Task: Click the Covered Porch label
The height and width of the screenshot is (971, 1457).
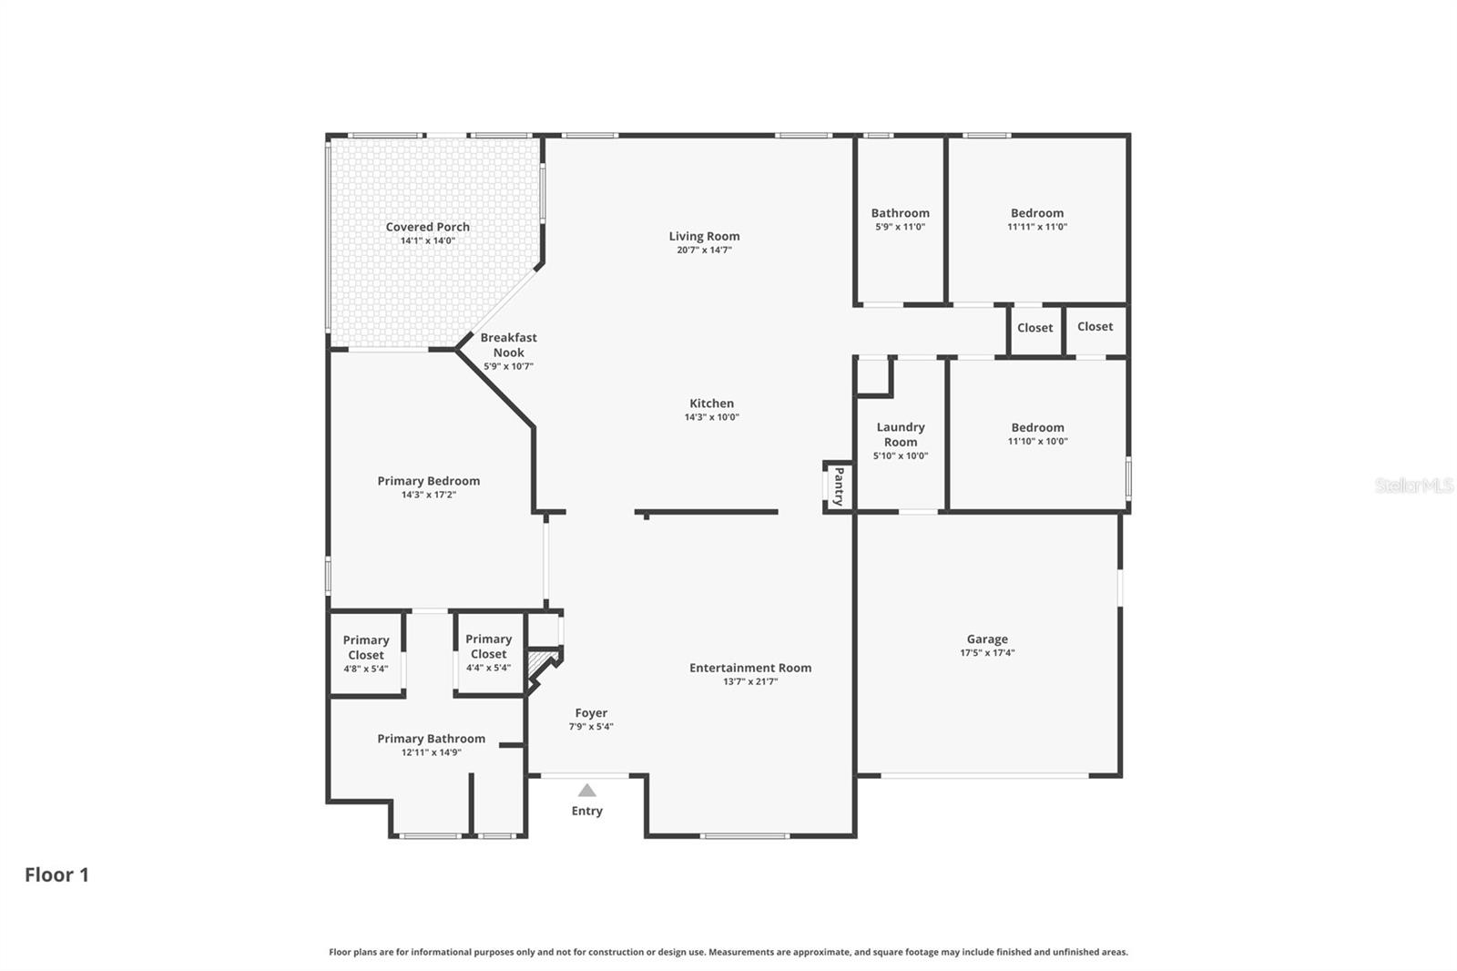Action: [x=427, y=227]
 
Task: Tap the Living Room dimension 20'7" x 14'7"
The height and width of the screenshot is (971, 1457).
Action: [x=704, y=250]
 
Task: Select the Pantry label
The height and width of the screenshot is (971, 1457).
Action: [x=839, y=486]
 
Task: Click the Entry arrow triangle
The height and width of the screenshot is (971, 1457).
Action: [x=587, y=791]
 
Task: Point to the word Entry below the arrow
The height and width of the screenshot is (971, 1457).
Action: [x=587, y=811]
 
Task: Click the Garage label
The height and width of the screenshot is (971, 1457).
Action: [x=987, y=639]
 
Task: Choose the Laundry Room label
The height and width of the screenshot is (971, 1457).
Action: [x=901, y=434]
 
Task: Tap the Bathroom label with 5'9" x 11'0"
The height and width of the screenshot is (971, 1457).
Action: [x=901, y=213]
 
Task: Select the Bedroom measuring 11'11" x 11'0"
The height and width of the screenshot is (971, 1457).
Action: [x=1037, y=213]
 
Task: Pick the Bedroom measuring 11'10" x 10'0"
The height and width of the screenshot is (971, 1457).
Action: [x=1037, y=427]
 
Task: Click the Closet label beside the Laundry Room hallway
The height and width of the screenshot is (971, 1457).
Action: [x=1034, y=328]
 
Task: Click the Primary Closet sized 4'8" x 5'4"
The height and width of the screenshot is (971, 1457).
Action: [x=366, y=648]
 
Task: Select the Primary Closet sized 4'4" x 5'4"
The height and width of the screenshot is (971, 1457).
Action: [x=488, y=647]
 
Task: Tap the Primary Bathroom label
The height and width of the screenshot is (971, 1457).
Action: [x=432, y=739]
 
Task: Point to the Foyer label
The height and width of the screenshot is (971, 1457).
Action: [x=591, y=713]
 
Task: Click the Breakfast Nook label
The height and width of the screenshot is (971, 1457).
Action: [x=508, y=345]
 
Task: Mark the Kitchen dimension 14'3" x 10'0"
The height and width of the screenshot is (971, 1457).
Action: [x=711, y=417]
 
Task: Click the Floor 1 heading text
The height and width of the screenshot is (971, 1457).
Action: [x=56, y=874]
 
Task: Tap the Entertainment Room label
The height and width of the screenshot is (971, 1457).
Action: [x=750, y=668]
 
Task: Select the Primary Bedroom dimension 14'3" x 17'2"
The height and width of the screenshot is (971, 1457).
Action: [x=428, y=495]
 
